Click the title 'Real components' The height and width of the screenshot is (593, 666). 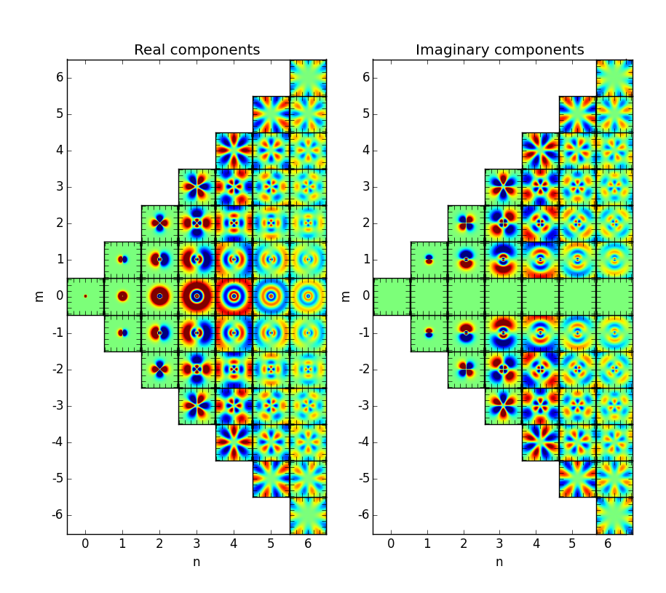pyautogui.click(x=197, y=50)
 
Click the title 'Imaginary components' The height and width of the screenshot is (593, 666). pyautogui.click(x=499, y=50)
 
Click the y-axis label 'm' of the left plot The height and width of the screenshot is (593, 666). pyautogui.click(x=41, y=296)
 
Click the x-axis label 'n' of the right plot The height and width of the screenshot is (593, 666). pyautogui.click(x=499, y=562)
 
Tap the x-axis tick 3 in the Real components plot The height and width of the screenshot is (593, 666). pyautogui.click(x=197, y=544)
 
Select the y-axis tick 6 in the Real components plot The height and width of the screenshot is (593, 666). pyautogui.click(x=59, y=78)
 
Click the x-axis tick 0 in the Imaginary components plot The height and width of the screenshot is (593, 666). pyautogui.click(x=391, y=544)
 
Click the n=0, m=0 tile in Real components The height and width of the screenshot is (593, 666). pyautogui.click(x=85, y=296)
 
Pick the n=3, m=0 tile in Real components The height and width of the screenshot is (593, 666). pyautogui.click(x=197, y=296)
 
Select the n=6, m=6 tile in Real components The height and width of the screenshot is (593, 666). pyautogui.click(x=308, y=78)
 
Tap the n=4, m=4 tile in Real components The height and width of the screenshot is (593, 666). pyautogui.click(x=234, y=151)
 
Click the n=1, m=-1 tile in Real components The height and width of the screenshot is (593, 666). pyautogui.click(x=122, y=333)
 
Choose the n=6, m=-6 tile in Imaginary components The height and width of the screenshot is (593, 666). pyautogui.click(x=614, y=515)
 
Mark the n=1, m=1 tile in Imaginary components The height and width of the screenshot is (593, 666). pyautogui.click(x=429, y=260)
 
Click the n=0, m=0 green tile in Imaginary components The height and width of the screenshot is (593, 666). pyautogui.click(x=392, y=296)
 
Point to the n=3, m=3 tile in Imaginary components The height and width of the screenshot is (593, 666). pyautogui.click(x=503, y=187)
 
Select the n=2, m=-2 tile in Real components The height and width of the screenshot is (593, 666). pyautogui.click(x=159, y=369)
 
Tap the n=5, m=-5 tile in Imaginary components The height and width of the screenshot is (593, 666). pyautogui.click(x=577, y=478)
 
